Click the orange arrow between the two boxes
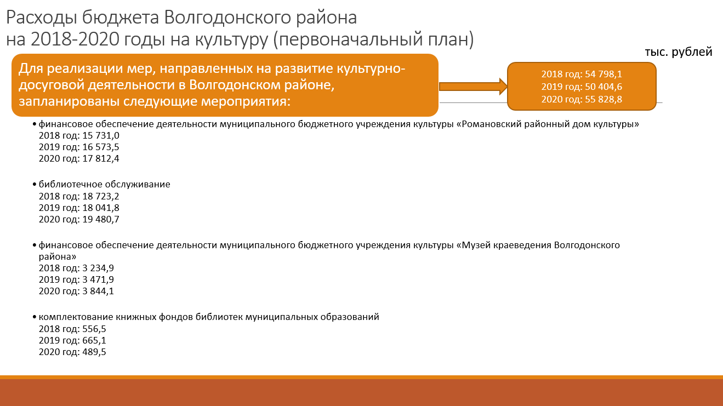[x=473, y=87]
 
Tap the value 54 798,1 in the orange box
[x=604, y=74]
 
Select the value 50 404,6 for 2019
[x=604, y=87]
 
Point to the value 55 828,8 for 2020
[x=604, y=99]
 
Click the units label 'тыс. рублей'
[x=679, y=52]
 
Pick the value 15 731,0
[x=101, y=135]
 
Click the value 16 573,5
[x=101, y=147]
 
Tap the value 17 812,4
[x=101, y=159]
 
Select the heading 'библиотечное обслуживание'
[x=104, y=184]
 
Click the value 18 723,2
[x=101, y=196]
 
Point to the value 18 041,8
[x=101, y=208]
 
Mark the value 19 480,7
[x=101, y=220]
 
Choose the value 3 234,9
[x=98, y=268]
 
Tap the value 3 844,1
[x=98, y=291]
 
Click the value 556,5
[x=94, y=329]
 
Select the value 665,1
[x=94, y=340]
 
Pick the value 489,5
[x=94, y=352]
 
